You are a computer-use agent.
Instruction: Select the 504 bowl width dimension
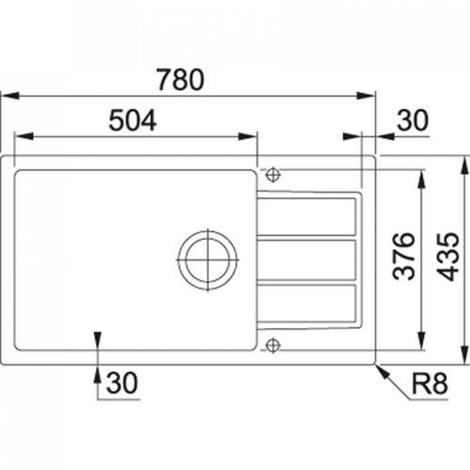133,119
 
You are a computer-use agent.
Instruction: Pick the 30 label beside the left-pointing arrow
412,119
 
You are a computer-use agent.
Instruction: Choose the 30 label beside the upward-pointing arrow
120,383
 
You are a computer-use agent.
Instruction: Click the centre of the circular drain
207,257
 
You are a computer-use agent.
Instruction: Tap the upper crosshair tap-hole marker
273,174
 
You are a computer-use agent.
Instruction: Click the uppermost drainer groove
308,217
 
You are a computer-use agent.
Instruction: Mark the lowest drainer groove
308,302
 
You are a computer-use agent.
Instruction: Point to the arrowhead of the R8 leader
379,367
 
